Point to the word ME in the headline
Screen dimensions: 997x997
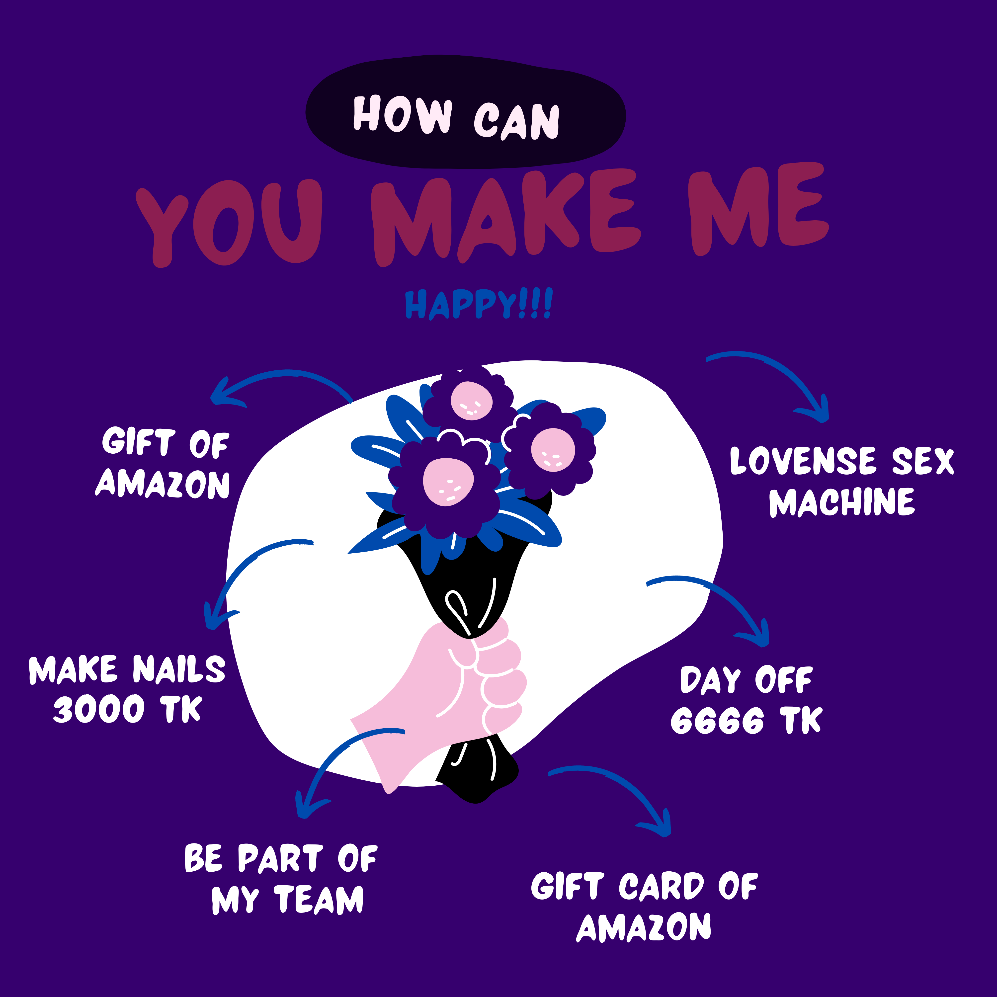pos(758,209)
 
